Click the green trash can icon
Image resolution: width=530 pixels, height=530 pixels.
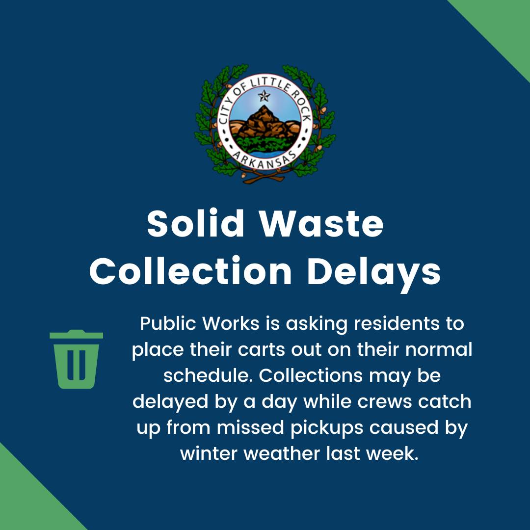click(76, 359)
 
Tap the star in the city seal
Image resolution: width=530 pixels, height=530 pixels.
click(264, 96)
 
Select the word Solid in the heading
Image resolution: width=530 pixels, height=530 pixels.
click(195, 223)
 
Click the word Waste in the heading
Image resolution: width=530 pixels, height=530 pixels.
click(321, 224)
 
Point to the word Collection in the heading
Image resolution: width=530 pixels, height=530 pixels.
click(190, 271)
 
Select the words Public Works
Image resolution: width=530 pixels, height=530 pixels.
click(200, 323)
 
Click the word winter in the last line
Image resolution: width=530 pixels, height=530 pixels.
click(209, 453)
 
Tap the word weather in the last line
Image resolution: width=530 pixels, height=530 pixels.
click(282, 453)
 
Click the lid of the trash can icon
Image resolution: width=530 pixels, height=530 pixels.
click(76, 334)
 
